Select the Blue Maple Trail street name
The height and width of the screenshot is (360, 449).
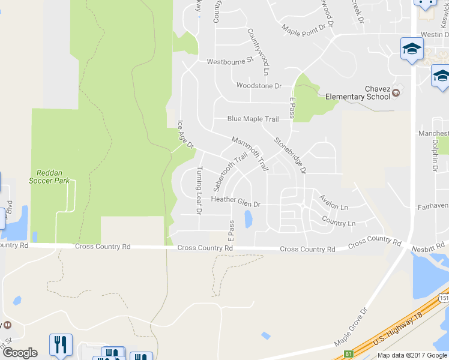(x=253, y=119)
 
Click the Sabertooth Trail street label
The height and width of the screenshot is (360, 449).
(x=231, y=172)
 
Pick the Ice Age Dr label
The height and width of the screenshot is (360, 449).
(x=185, y=135)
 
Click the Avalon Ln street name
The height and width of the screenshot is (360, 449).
(x=333, y=202)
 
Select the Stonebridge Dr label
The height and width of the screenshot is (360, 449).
(x=291, y=156)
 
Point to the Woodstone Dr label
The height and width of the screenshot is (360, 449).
(x=259, y=86)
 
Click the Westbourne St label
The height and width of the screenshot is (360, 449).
(x=231, y=62)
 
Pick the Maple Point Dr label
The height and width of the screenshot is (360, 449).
(x=307, y=28)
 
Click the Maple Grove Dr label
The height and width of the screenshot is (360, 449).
(x=350, y=328)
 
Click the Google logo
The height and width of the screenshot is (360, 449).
(x=20, y=353)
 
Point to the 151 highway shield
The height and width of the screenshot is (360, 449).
(x=444, y=298)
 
